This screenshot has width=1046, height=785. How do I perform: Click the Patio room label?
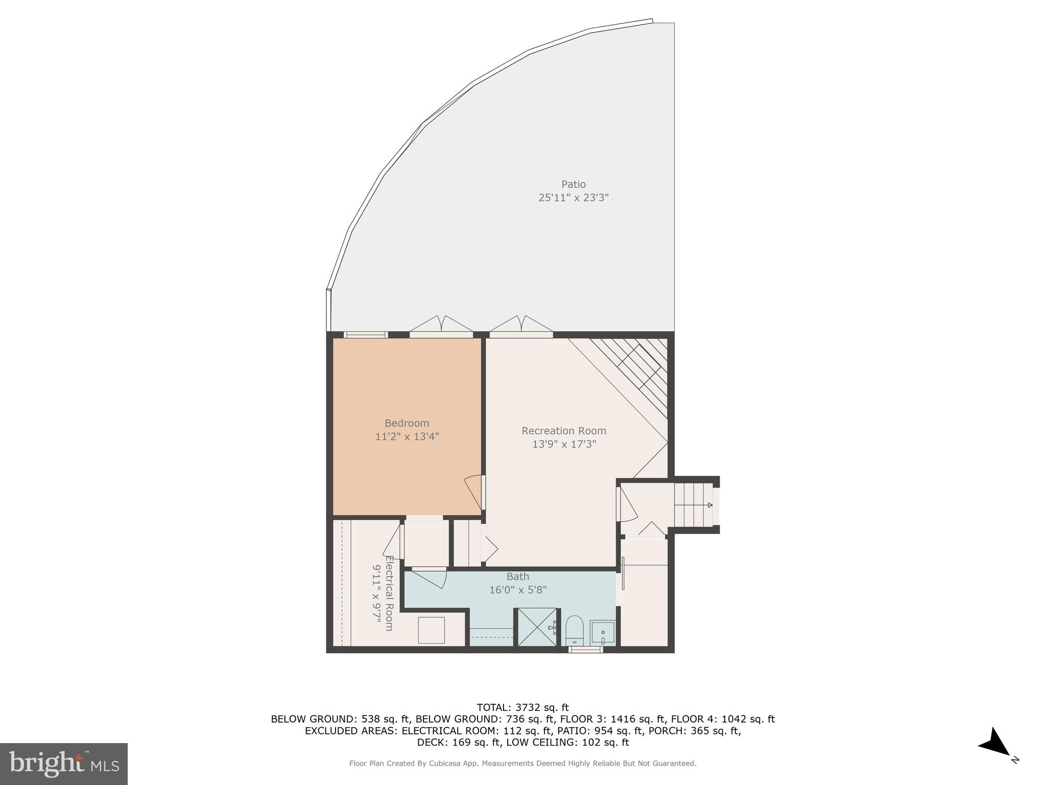point(573,184)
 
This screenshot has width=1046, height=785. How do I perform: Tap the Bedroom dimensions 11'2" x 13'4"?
point(407,436)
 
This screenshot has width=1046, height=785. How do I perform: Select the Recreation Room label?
point(564,431)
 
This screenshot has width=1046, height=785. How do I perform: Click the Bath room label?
point(517,576)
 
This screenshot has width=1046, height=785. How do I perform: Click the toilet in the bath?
point(575,630)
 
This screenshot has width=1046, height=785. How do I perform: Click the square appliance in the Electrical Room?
point(431,630)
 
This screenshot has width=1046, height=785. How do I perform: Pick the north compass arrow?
point(995,744)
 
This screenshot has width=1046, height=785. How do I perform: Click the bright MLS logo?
point(64,764)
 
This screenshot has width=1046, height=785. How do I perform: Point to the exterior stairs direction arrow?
point(710,505)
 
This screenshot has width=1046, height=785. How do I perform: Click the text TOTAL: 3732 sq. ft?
point(522,707)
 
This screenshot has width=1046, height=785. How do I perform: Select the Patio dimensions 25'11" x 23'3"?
point(573,198)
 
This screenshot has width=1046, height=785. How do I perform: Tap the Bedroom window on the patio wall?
point(365,335)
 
